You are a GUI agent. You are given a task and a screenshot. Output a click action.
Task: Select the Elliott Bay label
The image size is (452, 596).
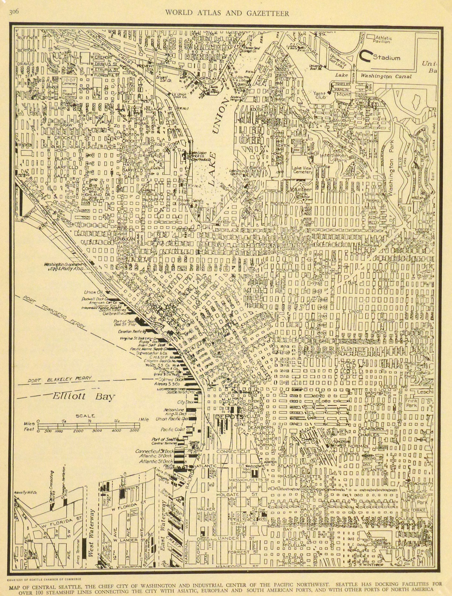(x=84, y=396)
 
